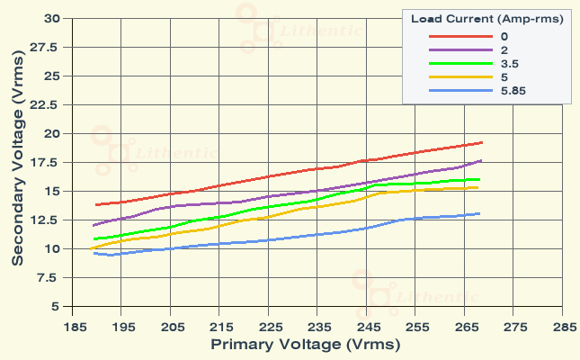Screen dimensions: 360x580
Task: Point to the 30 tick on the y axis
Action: (51, 18)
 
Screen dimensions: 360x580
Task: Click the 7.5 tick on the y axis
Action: (50, 277)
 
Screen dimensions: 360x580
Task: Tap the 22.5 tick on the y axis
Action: (48, 104)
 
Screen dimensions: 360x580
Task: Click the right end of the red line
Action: (483, 142)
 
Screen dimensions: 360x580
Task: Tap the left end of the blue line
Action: (94, 253)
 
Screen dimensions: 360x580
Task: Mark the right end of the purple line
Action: (482, 160)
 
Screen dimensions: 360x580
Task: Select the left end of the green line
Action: (94, 239)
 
